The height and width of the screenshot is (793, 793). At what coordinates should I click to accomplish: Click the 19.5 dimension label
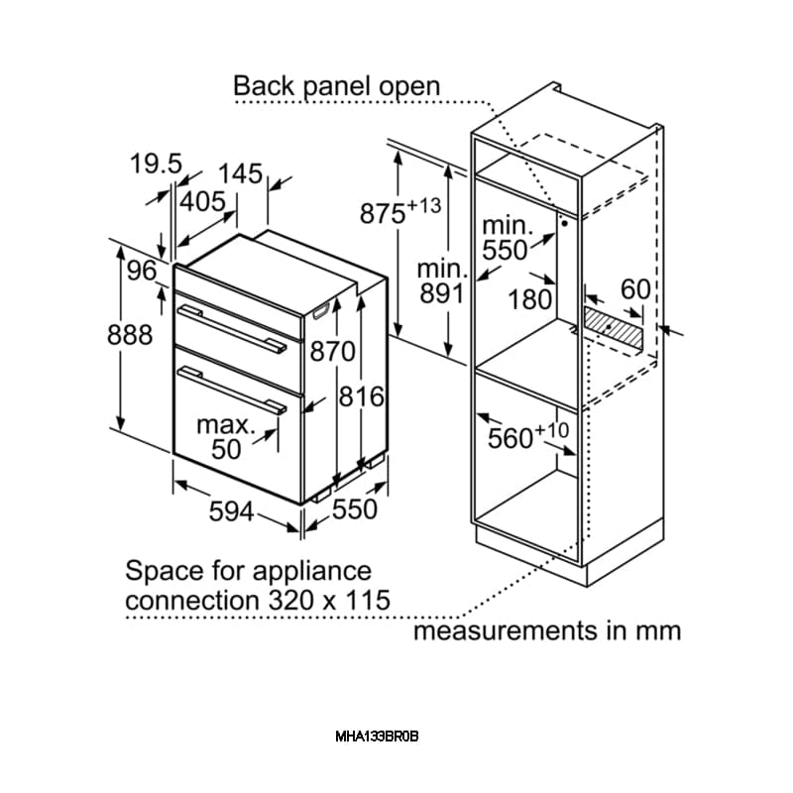click(157, 164)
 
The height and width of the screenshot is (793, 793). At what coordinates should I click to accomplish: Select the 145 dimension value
click(241, 173)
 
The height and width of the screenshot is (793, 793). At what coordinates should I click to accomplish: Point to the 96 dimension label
click(143, 270)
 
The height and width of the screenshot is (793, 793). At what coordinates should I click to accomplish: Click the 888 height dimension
click(130, 335)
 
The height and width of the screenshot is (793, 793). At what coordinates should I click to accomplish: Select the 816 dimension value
click(362, 396)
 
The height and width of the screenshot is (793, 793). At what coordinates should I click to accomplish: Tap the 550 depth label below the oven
click(354, 509)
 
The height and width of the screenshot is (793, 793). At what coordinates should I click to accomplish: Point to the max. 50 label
click(226, 436)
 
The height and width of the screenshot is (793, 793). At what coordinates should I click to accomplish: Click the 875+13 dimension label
click(399, 211)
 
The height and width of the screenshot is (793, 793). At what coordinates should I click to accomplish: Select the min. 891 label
click(441, 281)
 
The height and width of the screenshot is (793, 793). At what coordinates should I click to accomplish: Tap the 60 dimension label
click(635, 289)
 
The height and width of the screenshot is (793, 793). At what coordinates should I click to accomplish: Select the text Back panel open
click(336, 85)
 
